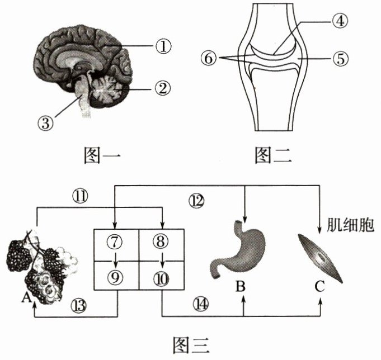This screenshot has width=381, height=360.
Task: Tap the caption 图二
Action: click(272, 156)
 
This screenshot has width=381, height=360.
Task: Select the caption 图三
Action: click(191, 342)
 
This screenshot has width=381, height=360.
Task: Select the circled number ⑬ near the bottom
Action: click(79, 305)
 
